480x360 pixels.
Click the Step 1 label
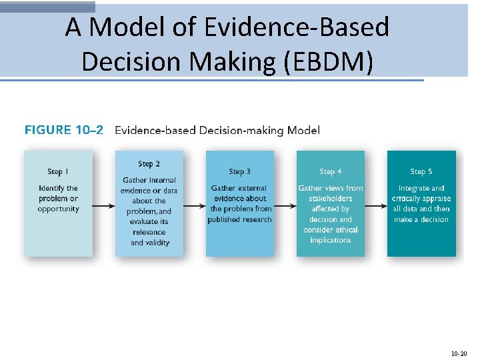click(59, 172)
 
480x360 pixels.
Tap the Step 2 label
click(149, 164)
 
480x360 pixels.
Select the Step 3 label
click(240, 172)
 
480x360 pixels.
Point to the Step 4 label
click(331, 172)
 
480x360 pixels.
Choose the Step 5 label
click(421, 172)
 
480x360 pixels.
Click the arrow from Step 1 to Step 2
click(104, 205)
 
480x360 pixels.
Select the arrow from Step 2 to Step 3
click(195, 205)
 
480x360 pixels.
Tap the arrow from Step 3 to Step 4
click(285, 205)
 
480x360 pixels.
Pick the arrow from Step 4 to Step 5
click(376, 205)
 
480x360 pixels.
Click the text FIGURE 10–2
click(64, 130)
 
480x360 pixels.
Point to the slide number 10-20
click(459, 353)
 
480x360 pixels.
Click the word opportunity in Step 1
click(59, 209)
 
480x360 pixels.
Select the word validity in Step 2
click(158, 243)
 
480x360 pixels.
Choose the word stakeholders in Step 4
click(331, 198)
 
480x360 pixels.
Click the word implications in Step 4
click(331, 240)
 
